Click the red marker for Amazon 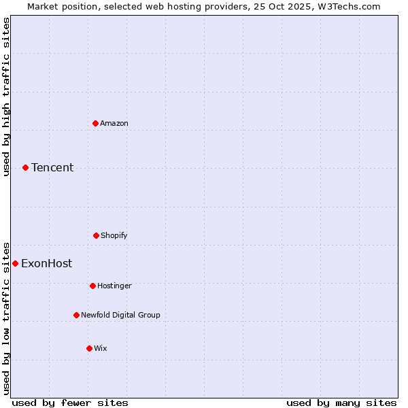click(x=95, y=123)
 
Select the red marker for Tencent click(x=25, y=167)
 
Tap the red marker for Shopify click(x=96, y=235)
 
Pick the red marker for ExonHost click(x=15, y=263)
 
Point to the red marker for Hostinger click(x=92, y=286)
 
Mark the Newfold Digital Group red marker click(x=76, y=315)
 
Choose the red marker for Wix click(x=89, y=348)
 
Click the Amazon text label click(x=114, y=123)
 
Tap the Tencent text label click(x=52, y=167)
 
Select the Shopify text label click(x=114, y=235)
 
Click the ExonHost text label click(x=46, y=263)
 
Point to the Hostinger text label click(x=114, y=286)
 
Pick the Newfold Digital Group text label click(x=120, y=315)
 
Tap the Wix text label click(x=101, y=348)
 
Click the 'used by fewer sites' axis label click(x=70, y=403)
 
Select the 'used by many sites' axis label click(x=341, y=403)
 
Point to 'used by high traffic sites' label click(x=6, y=97)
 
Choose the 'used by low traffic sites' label click(x=6, y=318)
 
